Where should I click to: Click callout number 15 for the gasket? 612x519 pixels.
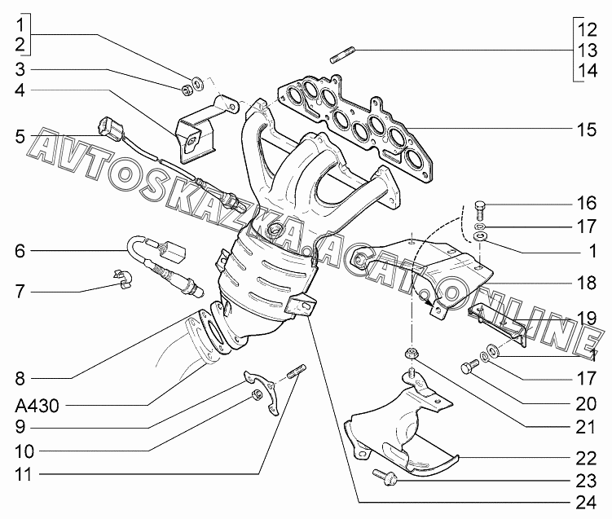tap(586, 130)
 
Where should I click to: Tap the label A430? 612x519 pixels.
tap(37, 406)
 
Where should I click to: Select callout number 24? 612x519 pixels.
tap(586, 503)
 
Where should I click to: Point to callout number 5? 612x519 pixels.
tap(20, 137)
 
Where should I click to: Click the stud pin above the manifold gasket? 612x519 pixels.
tap(342, 55)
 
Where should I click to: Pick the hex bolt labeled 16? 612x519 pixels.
tap(480, 211)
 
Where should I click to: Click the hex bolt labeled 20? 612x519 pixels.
tap(469, 366)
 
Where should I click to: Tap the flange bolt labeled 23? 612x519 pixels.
tap(385, 477)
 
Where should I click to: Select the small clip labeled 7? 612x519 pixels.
tap(124, 279)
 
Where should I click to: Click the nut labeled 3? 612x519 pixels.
tap(187, 90)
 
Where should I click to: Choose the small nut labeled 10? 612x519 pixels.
tap(256, 395)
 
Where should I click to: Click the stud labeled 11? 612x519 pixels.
tap(297, 371)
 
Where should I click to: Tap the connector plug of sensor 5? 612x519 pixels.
tap(111, 127)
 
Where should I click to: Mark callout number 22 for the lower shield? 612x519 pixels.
tap(586, 459)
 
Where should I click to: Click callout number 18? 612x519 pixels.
tap(586, 283)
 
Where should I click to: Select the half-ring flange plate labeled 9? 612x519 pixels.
tap(262, 391)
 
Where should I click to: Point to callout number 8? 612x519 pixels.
tap(20, 379)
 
